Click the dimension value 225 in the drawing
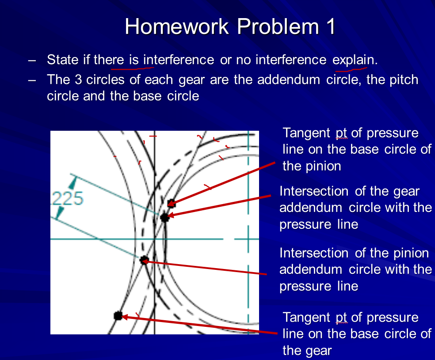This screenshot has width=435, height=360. click(69, 198)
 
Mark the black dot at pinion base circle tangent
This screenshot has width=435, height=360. click(172, 203)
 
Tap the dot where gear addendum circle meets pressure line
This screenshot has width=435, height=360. click(165, 217)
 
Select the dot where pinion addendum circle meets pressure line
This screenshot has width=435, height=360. click(144, 260)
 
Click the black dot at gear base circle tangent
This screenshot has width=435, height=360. click(118, 316)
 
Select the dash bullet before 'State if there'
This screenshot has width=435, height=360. click(31, 60)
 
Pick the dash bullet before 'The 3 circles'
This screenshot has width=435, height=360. click(31, 80)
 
